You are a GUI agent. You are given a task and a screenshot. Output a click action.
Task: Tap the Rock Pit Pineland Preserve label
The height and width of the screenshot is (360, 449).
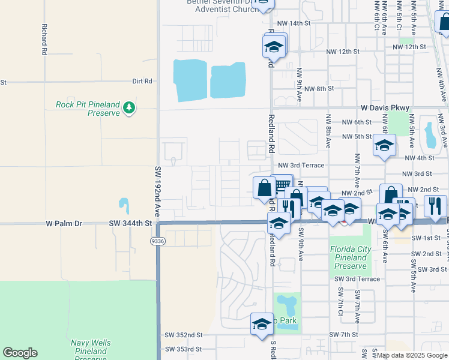[x=88, y=109]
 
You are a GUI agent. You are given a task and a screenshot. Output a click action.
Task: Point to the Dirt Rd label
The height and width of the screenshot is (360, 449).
[x=142, y=81]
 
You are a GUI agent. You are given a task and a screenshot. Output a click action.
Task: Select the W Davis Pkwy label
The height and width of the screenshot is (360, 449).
[x=385, y=108]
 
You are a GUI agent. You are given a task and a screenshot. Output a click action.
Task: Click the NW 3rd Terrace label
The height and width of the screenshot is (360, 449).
[x=301, y=165]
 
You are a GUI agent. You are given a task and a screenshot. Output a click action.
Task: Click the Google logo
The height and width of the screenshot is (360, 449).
[x=20, y=353]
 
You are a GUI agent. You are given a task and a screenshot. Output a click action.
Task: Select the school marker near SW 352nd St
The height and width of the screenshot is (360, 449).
[x=262, y=325]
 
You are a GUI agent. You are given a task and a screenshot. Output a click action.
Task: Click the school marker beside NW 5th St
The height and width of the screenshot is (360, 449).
[x=384, y=145]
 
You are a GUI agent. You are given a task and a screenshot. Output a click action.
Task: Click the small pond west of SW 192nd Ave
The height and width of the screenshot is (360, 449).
[x=124, y=206]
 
